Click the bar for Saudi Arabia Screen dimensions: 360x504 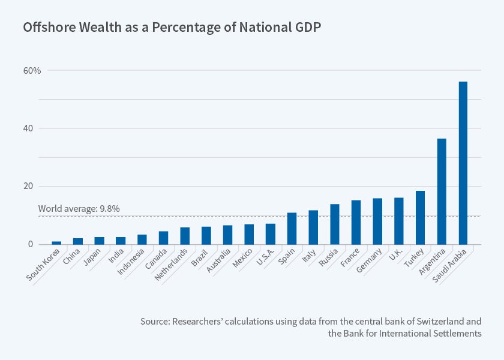pos(463,163)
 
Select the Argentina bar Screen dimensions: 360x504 pos(442,191)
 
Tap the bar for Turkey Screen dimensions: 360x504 pos(420,218)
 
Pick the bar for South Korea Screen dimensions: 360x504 pos(56,242)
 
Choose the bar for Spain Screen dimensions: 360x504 pos(292,229)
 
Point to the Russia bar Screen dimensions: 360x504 pos(335,224)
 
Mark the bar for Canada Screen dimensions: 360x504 pos(163,238)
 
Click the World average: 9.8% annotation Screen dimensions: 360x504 pos(79,209)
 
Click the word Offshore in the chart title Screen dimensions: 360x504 pos(45,28)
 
